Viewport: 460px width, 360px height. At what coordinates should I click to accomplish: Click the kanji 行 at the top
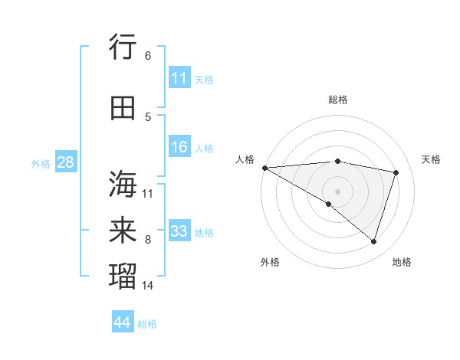(x=123, y=47)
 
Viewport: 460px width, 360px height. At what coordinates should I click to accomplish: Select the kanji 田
(x=123, y=108)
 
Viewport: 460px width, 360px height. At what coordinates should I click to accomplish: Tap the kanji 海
(x=123, y=184)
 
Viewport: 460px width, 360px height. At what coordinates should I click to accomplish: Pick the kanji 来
(x=123, y=231)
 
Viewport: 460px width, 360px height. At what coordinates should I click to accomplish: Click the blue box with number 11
(x=179, y=78)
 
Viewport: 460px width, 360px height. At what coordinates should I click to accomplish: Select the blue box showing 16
(x=179, y=147)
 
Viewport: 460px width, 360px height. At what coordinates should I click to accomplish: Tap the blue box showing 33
(x=179, y=231)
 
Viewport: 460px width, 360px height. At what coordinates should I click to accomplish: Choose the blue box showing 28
(x=65, y=162)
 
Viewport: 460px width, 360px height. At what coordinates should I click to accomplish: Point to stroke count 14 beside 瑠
(x=148, y=286)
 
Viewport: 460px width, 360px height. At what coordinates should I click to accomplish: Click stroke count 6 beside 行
(x=148, y=56)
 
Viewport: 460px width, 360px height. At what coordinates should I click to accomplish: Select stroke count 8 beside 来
(x=148, y=240)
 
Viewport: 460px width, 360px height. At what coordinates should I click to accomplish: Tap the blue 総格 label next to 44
(x=147, y=324)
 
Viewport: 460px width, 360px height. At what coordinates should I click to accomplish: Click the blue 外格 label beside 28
(x=41, y=163)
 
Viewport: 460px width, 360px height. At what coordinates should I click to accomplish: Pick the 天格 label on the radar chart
(x=432, y=159)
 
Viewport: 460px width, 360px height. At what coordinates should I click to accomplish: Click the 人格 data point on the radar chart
(x=264, y=168)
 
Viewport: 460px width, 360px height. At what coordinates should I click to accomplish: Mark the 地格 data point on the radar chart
(x=373, y=242)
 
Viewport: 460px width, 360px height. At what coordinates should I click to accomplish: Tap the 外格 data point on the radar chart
(x=329, y=204)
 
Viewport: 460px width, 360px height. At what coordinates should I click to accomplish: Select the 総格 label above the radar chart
(x=337, y=100)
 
